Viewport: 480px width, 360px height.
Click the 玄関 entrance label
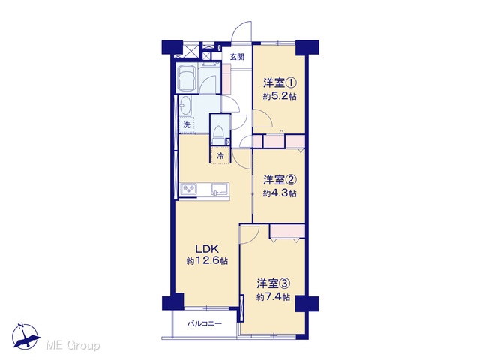click(x=237, y=57)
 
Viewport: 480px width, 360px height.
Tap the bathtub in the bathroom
click(x=187, y=77)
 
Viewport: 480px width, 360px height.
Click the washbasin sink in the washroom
click(x=185, y=106)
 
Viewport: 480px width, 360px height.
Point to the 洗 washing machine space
click(x=187, y=125)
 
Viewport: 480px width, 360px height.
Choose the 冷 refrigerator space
click(x=220, y=156)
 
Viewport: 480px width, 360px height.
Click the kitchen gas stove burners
click(x=188, y=189)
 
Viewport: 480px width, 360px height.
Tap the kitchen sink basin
click(x=220, y=189)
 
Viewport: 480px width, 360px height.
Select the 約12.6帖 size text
click(x=207, y=261)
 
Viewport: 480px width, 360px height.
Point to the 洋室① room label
click(x=280, y=83)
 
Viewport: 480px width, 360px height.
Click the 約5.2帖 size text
click(x=280, y=97)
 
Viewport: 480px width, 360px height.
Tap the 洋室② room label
click(x=280, y=180)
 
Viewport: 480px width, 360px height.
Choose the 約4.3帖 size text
click(x=280, y=193)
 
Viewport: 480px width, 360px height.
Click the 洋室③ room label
click(x=273, y=283)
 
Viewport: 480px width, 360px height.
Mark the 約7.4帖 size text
click(x=273, y=297)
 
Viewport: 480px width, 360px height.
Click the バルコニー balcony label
click(x=205, y=323)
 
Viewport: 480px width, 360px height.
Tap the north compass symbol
click(x=25, y=336)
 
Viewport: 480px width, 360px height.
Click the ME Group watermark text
click(x=73, y=346)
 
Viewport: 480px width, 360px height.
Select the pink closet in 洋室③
click(x=287, y=231)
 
